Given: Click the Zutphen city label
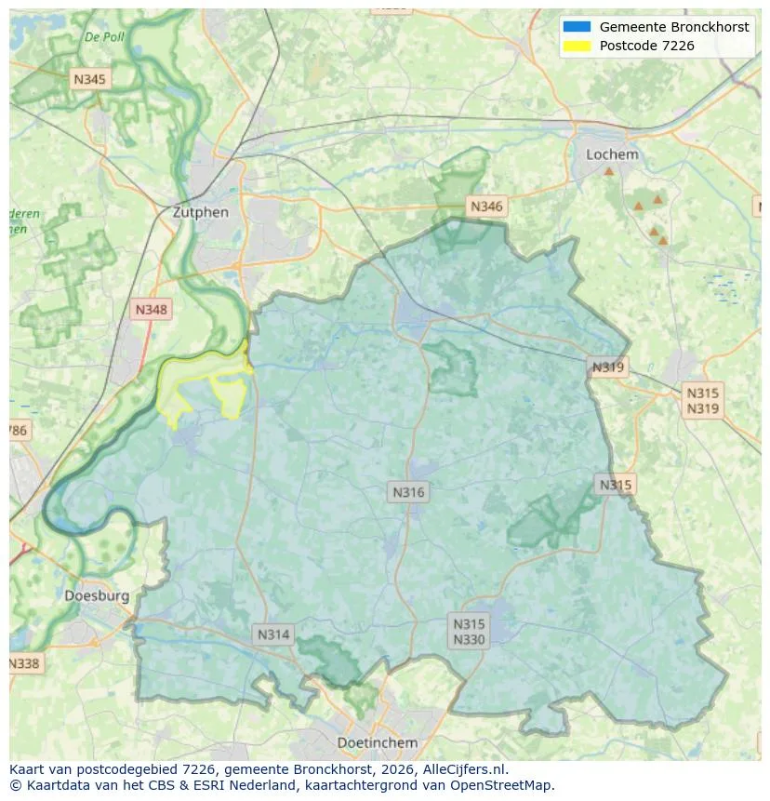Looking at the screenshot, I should pos(200,212).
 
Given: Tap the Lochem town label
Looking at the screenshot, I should pos(612,154).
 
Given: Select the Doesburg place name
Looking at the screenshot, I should pos(97,595).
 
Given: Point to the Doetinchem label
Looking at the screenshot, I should pos(377,742).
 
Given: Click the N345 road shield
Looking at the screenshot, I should pos(89,79).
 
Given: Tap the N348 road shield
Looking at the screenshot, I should pos(152,310).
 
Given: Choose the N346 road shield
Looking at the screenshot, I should pos(486,207).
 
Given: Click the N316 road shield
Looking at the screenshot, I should pos(408,492).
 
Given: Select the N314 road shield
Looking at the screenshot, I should pos(273,634).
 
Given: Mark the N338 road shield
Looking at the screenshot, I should pos(24,663).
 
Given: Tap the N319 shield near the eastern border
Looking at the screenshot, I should pos(607,367).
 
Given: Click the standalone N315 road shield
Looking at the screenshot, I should pos(615,485).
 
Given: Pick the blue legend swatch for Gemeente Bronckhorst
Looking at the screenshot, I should pos(577,27).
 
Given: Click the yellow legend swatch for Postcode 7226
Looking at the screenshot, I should pos(577,46).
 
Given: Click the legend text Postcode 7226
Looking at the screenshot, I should pos(646,46).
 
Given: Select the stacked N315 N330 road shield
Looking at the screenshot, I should pos(469,631).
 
